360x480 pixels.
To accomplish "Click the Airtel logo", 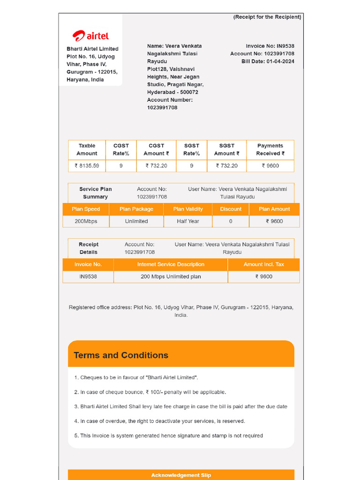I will point(90,36).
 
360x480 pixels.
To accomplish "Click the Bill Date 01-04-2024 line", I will point(268,61).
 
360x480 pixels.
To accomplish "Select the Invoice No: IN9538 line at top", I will point(270,46).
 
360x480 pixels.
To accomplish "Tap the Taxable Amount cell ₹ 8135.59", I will point(87,165).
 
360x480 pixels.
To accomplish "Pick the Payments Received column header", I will point(270,150).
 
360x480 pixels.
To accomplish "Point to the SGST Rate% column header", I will point(191,150).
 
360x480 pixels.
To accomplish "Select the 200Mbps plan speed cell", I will point(86,221).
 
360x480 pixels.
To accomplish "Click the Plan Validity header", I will point(188,209).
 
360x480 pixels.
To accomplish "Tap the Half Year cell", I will point(188,221).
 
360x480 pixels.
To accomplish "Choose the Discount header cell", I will point(231,209).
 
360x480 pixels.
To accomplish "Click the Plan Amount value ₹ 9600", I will point(274,221).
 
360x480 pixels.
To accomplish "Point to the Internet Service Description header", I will point(171,264).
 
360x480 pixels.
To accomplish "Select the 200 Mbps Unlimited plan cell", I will point(171,277).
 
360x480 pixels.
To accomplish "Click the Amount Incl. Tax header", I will point(263,264).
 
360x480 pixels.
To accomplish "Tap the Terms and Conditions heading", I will point(121,355).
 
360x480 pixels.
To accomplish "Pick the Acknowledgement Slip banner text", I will point(181,475).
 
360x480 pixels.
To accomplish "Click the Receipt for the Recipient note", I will point(267,17).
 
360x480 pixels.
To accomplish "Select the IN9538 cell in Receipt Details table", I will point(88,277).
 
